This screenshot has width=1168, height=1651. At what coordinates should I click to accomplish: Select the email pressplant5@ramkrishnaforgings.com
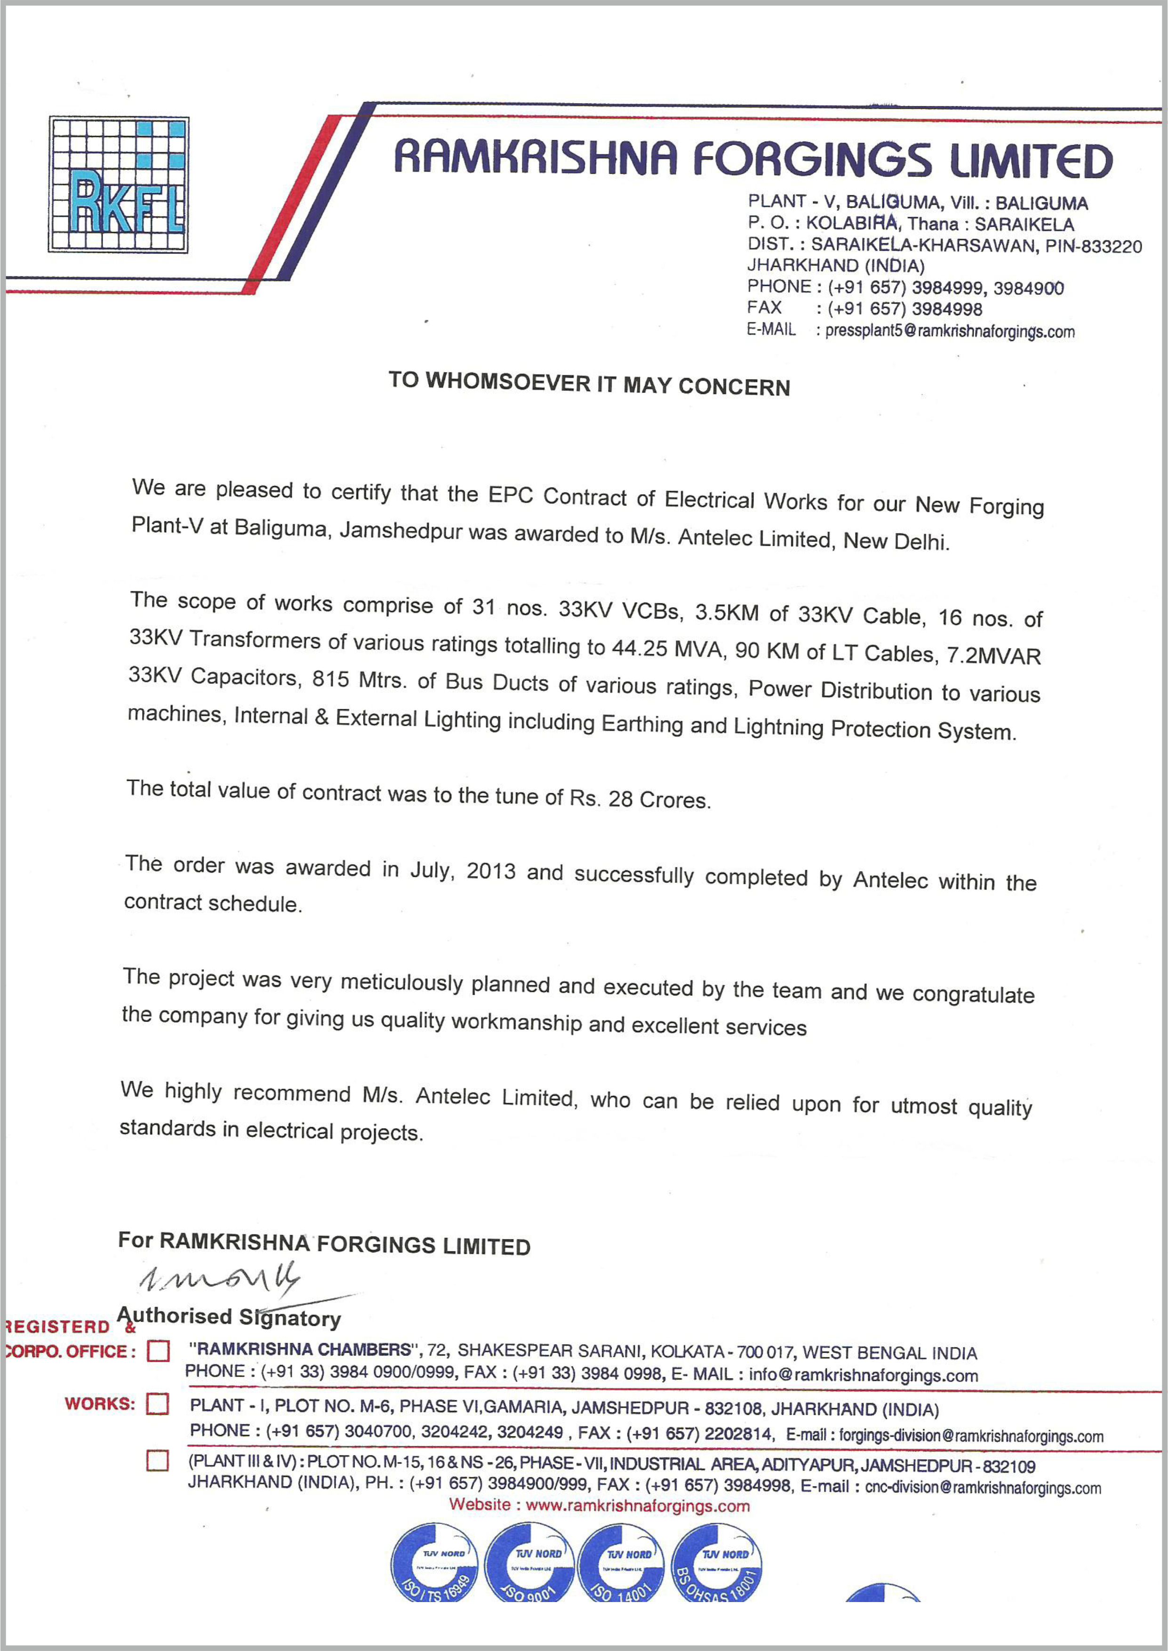pos(949,331)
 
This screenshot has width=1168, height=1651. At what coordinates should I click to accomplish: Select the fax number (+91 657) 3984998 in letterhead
pos(905,309)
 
